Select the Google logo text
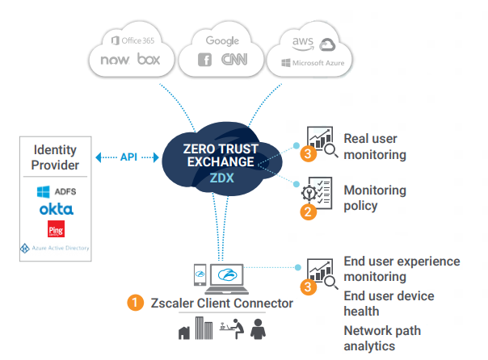[x=222, y=40]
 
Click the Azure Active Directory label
[x=56, y=248]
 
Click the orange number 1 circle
[x=136, y=303]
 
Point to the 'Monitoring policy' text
[x=375, y=198]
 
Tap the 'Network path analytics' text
[x=381, y=338]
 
